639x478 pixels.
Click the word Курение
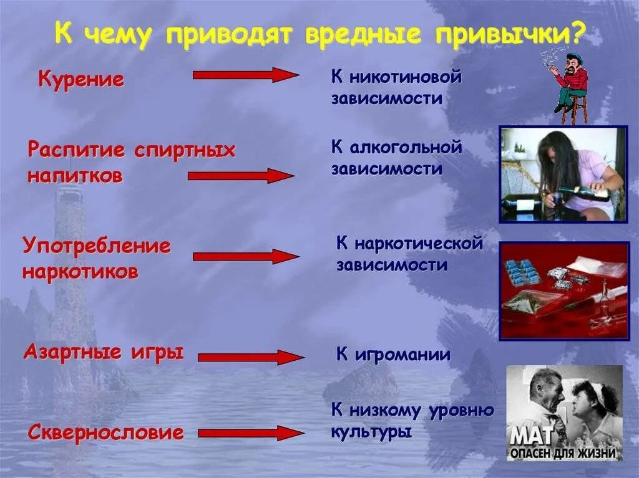coord(81,80)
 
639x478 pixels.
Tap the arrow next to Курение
coord(246,75)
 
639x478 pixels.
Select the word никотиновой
coord(406,78)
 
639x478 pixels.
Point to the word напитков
coord(75,176)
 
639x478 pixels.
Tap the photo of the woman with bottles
coord(563,174)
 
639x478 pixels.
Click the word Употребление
coord(97,246)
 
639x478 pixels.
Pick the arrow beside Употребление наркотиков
coord(246,256)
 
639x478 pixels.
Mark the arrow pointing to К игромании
coord(251,357)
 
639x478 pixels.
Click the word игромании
coord(403,355)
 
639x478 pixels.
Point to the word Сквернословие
coord(105,433)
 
